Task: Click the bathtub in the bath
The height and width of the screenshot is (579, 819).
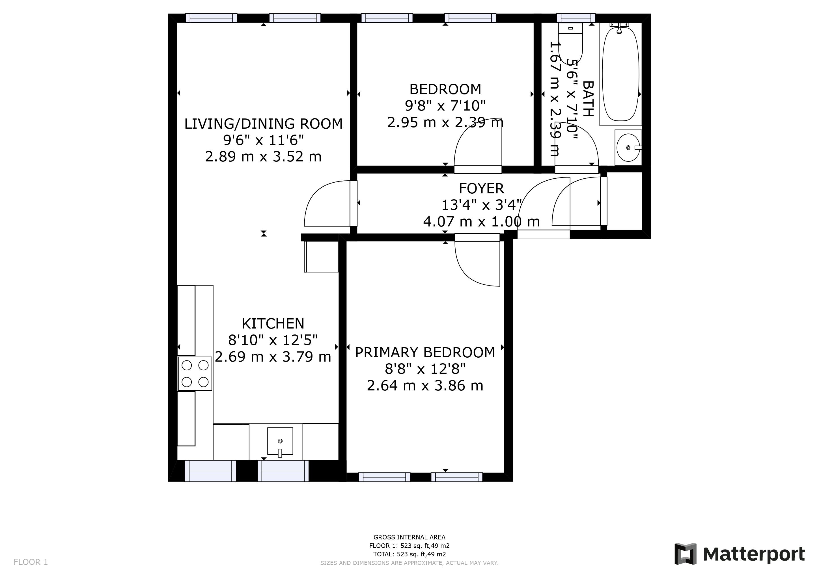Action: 620,74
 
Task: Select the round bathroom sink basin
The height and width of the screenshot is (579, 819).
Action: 628,148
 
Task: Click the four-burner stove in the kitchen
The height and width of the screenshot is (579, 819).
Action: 195,374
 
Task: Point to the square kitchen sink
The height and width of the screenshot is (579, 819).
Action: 280,441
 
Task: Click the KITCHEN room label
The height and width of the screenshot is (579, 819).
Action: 273,324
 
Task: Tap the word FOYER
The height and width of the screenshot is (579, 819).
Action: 481,188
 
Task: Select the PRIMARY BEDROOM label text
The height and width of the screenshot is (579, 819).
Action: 425,352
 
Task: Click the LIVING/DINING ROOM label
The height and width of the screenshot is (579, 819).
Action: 263,124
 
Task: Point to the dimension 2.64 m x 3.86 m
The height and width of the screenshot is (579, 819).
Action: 425,385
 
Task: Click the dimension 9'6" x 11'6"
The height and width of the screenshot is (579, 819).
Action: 263,140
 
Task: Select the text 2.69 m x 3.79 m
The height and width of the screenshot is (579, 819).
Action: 273,357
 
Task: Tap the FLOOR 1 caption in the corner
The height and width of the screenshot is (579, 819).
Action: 31,562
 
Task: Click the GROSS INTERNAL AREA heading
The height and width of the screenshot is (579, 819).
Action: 409,537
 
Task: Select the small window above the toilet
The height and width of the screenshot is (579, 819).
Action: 576,18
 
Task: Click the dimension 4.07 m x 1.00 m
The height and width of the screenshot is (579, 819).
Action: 481,221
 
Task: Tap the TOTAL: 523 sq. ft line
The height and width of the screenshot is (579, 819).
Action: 409,554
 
